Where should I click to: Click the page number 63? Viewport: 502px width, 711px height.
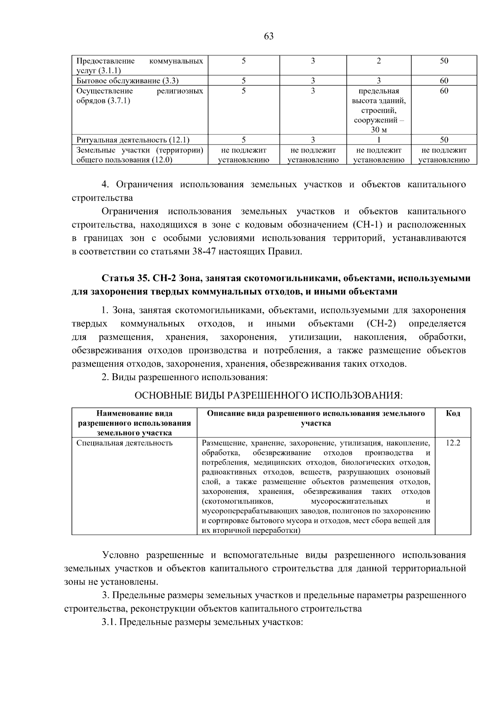click(269, 36)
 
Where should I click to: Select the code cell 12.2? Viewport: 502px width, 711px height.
click(453, 443)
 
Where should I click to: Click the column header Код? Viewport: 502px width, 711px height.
click(453, 414)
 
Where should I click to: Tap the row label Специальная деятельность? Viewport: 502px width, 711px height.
click(124, 443)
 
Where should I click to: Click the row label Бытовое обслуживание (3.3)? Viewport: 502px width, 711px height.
click(128, 81)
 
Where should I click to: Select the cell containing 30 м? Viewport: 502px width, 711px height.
click(379, 130)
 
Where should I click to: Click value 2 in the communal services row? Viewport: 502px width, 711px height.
click(379, 61)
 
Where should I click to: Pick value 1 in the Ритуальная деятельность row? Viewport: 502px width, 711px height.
click(379, 140)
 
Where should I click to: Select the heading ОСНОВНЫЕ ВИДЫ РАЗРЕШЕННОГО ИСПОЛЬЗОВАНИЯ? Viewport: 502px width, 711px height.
click(268, 395)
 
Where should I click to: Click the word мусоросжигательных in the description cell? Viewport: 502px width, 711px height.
click(349, 502)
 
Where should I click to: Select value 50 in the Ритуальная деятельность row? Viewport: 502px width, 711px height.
click(444, 140)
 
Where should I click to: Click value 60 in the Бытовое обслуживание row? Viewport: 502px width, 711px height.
click(444, 81)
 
